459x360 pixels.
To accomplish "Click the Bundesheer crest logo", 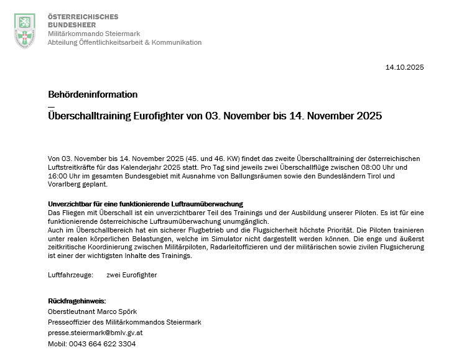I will (24, 30).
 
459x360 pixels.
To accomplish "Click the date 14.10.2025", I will (404, 67).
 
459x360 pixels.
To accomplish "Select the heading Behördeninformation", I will (93, 95).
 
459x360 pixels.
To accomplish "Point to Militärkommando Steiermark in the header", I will (94, 34).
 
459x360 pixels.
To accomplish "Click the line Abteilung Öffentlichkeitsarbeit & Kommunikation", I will (124, 42).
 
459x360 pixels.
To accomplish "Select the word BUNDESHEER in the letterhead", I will (72, 25).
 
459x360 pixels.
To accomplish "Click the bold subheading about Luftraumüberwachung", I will (145, 204).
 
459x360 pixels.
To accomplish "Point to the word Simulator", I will (230, 239).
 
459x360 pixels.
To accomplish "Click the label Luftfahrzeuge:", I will (70, 274).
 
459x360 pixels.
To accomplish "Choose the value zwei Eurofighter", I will (132, 274).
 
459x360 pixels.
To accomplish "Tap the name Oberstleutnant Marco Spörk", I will (92, 312).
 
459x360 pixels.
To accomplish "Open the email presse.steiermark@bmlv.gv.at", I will (96, 333).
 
